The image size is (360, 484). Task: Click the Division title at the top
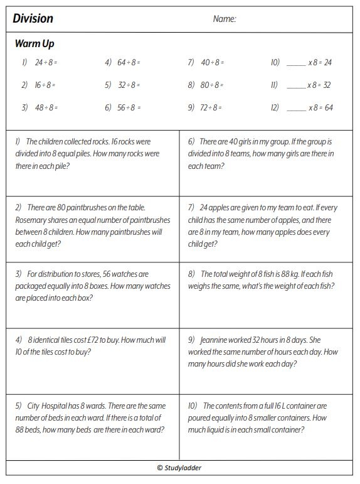(33, 19)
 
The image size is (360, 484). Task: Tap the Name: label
(225, 19)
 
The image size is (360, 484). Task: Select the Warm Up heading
(34, 44)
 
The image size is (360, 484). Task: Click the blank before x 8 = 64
(296, 108)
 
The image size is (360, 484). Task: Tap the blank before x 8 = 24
(296, 63)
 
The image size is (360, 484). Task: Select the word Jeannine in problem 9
(220, 341)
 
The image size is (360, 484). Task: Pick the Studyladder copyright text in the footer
(179, 468)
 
